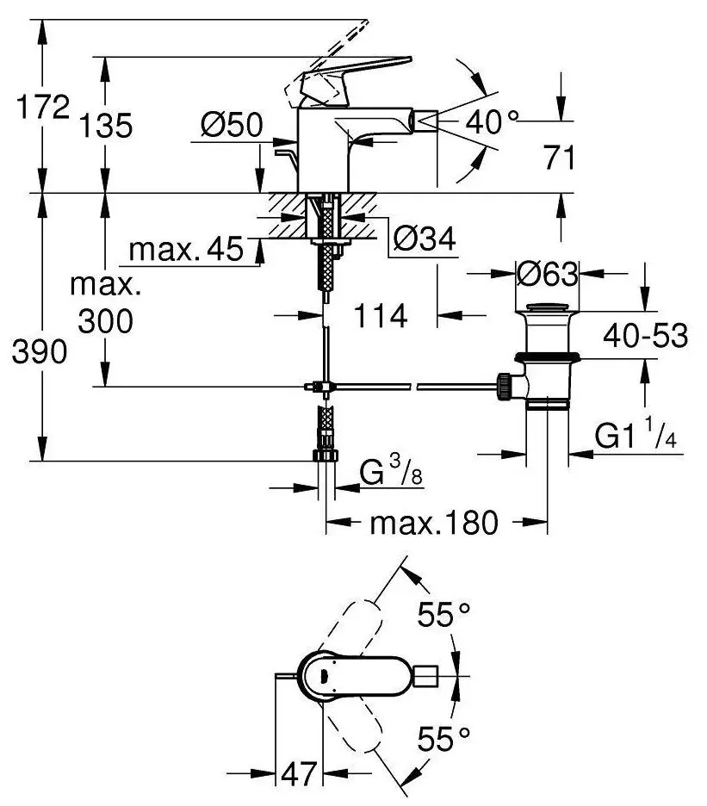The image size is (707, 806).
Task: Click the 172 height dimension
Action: (x=43, y=107)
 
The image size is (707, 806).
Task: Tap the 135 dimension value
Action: (x=105, y=125)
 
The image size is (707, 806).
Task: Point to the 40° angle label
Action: (x=492, y=122)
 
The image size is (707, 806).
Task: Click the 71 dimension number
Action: (x=560, y=158)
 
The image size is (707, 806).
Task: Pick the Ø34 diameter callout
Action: (x=425, y=239)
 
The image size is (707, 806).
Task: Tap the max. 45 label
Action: (x=186, y=250)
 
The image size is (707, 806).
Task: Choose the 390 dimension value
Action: (x=40, y=352)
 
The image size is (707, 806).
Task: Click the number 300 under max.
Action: (x=105, y=321)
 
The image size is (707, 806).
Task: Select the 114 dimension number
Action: (x=381, y=316)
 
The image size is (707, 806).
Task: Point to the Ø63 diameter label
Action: (x=547, y=274)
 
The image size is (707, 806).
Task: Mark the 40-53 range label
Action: (x=645, y=336)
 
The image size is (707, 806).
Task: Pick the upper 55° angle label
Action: (x=443, y=614)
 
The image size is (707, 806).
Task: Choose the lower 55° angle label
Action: (x=443, y=739)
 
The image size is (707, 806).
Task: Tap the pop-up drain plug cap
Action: (x=548, y=308)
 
